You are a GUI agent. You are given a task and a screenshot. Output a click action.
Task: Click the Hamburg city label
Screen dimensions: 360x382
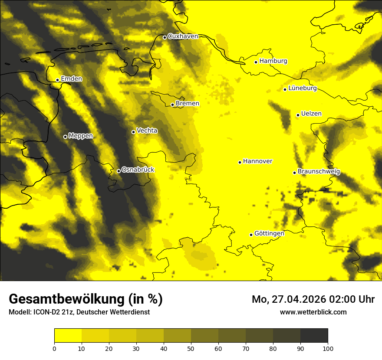point(273,61)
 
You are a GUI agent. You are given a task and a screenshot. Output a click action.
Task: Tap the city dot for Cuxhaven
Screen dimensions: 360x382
point(165,37)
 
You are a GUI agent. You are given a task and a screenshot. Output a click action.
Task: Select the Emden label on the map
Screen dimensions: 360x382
point(71,79)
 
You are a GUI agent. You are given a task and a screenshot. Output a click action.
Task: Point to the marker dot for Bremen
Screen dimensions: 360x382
point(172,105)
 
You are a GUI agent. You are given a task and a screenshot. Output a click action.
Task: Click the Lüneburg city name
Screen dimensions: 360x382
point(302,88)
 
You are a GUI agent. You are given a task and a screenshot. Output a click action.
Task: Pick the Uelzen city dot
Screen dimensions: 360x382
point(298,115)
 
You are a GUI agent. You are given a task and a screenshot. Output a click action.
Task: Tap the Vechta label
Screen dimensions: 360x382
point(147,131)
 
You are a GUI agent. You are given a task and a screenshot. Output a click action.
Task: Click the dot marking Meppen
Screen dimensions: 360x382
point(65,137)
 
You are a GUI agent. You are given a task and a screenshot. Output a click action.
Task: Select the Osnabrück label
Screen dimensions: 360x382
point(138,170)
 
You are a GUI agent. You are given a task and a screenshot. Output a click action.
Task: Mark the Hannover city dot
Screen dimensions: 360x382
point(240,162)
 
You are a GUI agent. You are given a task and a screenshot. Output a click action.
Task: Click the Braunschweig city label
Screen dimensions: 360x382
point(319,172)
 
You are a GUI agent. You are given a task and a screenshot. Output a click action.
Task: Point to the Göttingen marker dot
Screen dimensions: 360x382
point(251,235)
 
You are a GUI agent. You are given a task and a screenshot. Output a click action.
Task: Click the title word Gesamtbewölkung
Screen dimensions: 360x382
point(64,299)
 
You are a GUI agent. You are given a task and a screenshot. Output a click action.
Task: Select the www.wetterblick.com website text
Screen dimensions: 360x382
point(313,312)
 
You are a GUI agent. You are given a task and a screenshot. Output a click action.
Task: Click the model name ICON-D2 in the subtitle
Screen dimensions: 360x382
point(46,312)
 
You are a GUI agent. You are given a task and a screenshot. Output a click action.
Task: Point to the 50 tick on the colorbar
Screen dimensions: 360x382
point(191,348)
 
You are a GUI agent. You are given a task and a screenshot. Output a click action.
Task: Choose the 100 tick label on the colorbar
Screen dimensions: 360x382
point(328,348)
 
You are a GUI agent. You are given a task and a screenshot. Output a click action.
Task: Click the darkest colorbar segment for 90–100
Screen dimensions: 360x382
point(314,336)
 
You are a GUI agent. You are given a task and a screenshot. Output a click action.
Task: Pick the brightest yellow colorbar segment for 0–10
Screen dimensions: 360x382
point(68,336)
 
